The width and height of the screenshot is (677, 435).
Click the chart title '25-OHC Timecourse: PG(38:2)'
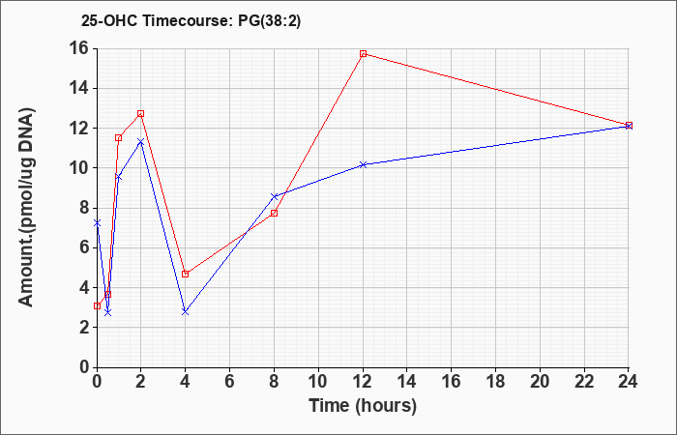191,20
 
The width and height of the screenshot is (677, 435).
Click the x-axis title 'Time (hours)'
363,406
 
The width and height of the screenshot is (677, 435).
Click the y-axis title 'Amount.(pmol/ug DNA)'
27,207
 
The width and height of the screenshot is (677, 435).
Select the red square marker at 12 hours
363,54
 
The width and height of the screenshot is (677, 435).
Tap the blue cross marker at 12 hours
363,165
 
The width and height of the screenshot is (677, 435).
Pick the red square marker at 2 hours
141,113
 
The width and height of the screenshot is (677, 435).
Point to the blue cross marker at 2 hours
141,141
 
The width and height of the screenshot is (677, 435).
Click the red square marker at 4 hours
186,274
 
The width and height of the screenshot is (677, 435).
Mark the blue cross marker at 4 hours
186,311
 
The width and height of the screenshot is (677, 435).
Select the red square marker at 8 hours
274,214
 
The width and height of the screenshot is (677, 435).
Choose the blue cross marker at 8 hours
274,196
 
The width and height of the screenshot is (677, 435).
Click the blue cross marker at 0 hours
97,223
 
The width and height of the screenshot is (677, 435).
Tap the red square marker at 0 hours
97,306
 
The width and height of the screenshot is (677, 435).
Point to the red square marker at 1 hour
118,138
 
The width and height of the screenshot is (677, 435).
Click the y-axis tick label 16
79,48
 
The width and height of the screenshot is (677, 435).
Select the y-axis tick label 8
84,208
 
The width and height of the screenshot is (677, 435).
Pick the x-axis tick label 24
629,382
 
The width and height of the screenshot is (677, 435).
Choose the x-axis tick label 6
230,382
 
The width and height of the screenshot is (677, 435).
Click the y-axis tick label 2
84,327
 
